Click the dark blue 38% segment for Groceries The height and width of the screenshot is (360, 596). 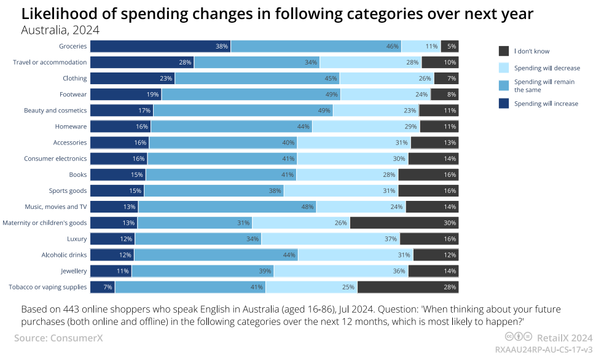(160, 46)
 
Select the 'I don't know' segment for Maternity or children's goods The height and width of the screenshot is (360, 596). (404, 222)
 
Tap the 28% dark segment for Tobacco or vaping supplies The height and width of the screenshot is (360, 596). (408, 287)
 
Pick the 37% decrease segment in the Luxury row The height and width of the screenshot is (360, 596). (331, 238)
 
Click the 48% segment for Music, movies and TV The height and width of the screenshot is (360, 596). (227, 206)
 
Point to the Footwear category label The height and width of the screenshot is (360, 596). (73, 95)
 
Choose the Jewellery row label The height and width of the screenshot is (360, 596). (73, 271)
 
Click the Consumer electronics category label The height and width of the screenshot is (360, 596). (55, 158)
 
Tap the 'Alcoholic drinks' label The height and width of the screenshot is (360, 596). (64, 255)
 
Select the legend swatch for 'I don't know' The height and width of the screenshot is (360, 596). (504, 51)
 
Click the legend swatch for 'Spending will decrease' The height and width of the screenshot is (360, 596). (504, 68)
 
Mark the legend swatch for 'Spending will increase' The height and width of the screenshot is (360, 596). (504, 103)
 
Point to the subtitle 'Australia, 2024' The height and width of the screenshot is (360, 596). (60, 29)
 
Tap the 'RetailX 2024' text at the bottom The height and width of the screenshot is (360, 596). (565, 337)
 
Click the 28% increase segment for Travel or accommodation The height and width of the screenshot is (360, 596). (142, 62)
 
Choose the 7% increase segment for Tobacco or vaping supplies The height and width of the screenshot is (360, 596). (103, 287)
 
